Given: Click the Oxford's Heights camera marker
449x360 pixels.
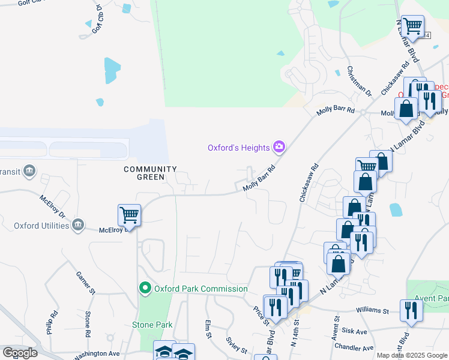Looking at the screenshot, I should coord(279,146).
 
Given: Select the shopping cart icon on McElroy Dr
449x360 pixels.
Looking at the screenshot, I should coord(129,214).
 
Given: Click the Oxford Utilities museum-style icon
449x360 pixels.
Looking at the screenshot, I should coord(77,226).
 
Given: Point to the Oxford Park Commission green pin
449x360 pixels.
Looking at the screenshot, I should coord(145,289).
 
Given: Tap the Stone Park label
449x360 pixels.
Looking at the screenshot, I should coord(152,325).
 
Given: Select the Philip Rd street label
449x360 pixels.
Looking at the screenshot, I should coord(53,322).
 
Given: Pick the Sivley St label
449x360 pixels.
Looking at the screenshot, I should coord(237,344).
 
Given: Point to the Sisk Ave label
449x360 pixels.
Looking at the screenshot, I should coord(354,331).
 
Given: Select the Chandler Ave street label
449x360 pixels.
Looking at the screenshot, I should coord(355,347).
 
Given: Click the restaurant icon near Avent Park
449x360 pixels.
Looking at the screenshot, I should coord(411,310).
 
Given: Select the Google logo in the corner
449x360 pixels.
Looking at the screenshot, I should coord(20,353).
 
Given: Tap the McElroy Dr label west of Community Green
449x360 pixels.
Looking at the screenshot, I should coord(52,206).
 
